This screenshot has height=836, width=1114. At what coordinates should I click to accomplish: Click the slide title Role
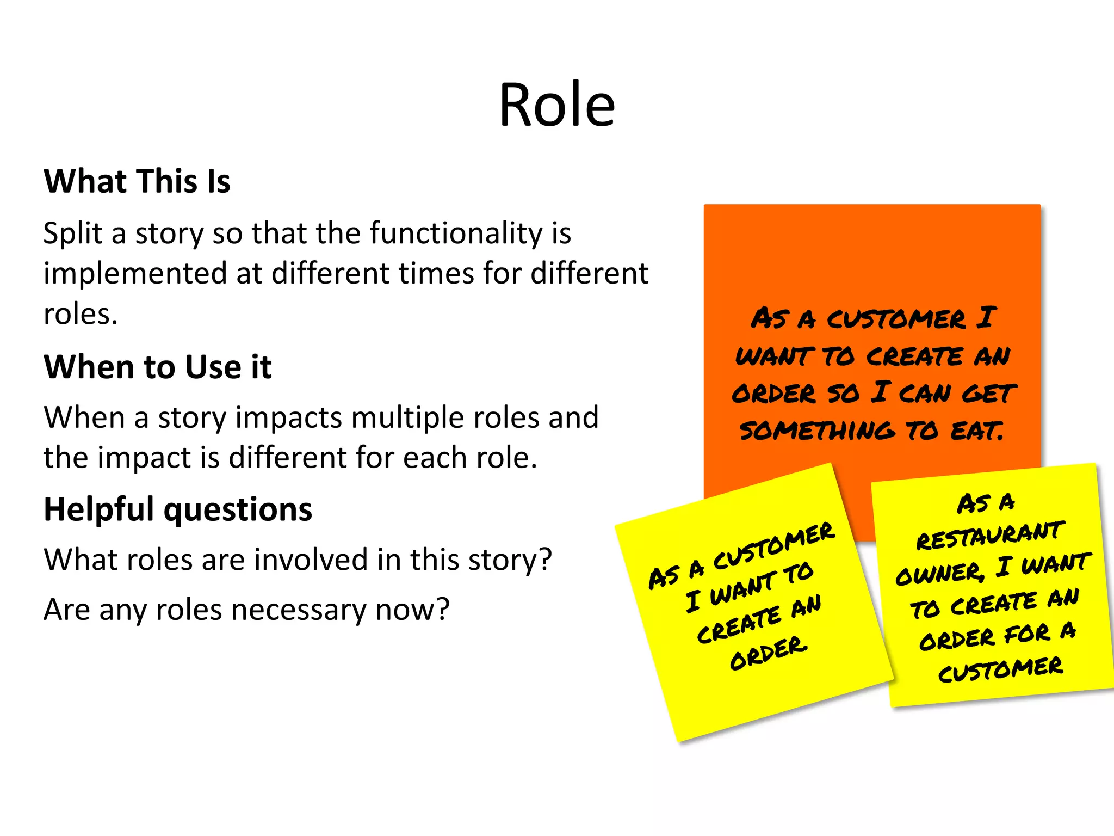[x=557, y=104]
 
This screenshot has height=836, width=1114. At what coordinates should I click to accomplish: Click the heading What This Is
[x=137, y=181]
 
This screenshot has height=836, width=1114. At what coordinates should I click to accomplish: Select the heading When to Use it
[x=158, y=367]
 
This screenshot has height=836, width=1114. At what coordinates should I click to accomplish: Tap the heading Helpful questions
[x=178, y=510]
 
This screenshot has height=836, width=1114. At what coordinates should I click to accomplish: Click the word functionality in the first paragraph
[x=456, y=233]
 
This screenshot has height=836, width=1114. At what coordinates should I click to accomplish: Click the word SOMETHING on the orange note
[x=816, y=431]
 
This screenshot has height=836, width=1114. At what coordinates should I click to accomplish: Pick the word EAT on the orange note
[x=976, y=431]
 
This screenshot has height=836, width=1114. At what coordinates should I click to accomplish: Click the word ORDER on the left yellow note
[x=769, y=653]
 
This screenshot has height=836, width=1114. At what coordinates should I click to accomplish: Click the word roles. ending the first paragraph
[x=81, y=315]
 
